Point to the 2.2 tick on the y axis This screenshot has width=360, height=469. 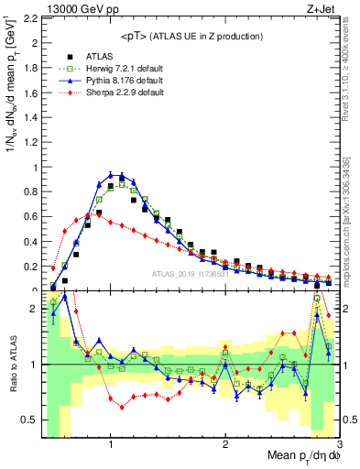click(28, 18)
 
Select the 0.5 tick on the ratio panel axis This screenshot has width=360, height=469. click(28, 420)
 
